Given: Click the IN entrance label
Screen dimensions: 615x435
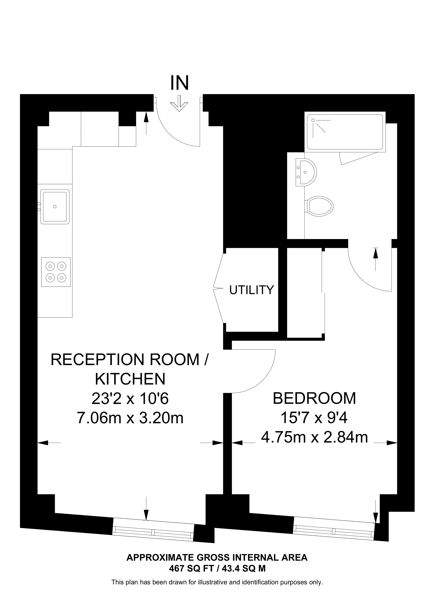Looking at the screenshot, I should (180, 83).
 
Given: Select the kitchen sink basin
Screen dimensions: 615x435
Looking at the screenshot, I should (55, 206).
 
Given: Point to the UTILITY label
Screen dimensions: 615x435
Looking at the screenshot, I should (251, 290).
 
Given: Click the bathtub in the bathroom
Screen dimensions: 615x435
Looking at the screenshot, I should (345, 132).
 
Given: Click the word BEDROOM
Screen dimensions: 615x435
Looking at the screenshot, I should (314, 398).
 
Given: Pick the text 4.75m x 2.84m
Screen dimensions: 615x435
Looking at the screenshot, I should (314, 437).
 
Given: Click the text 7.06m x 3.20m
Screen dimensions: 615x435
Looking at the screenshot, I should (130, 418).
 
